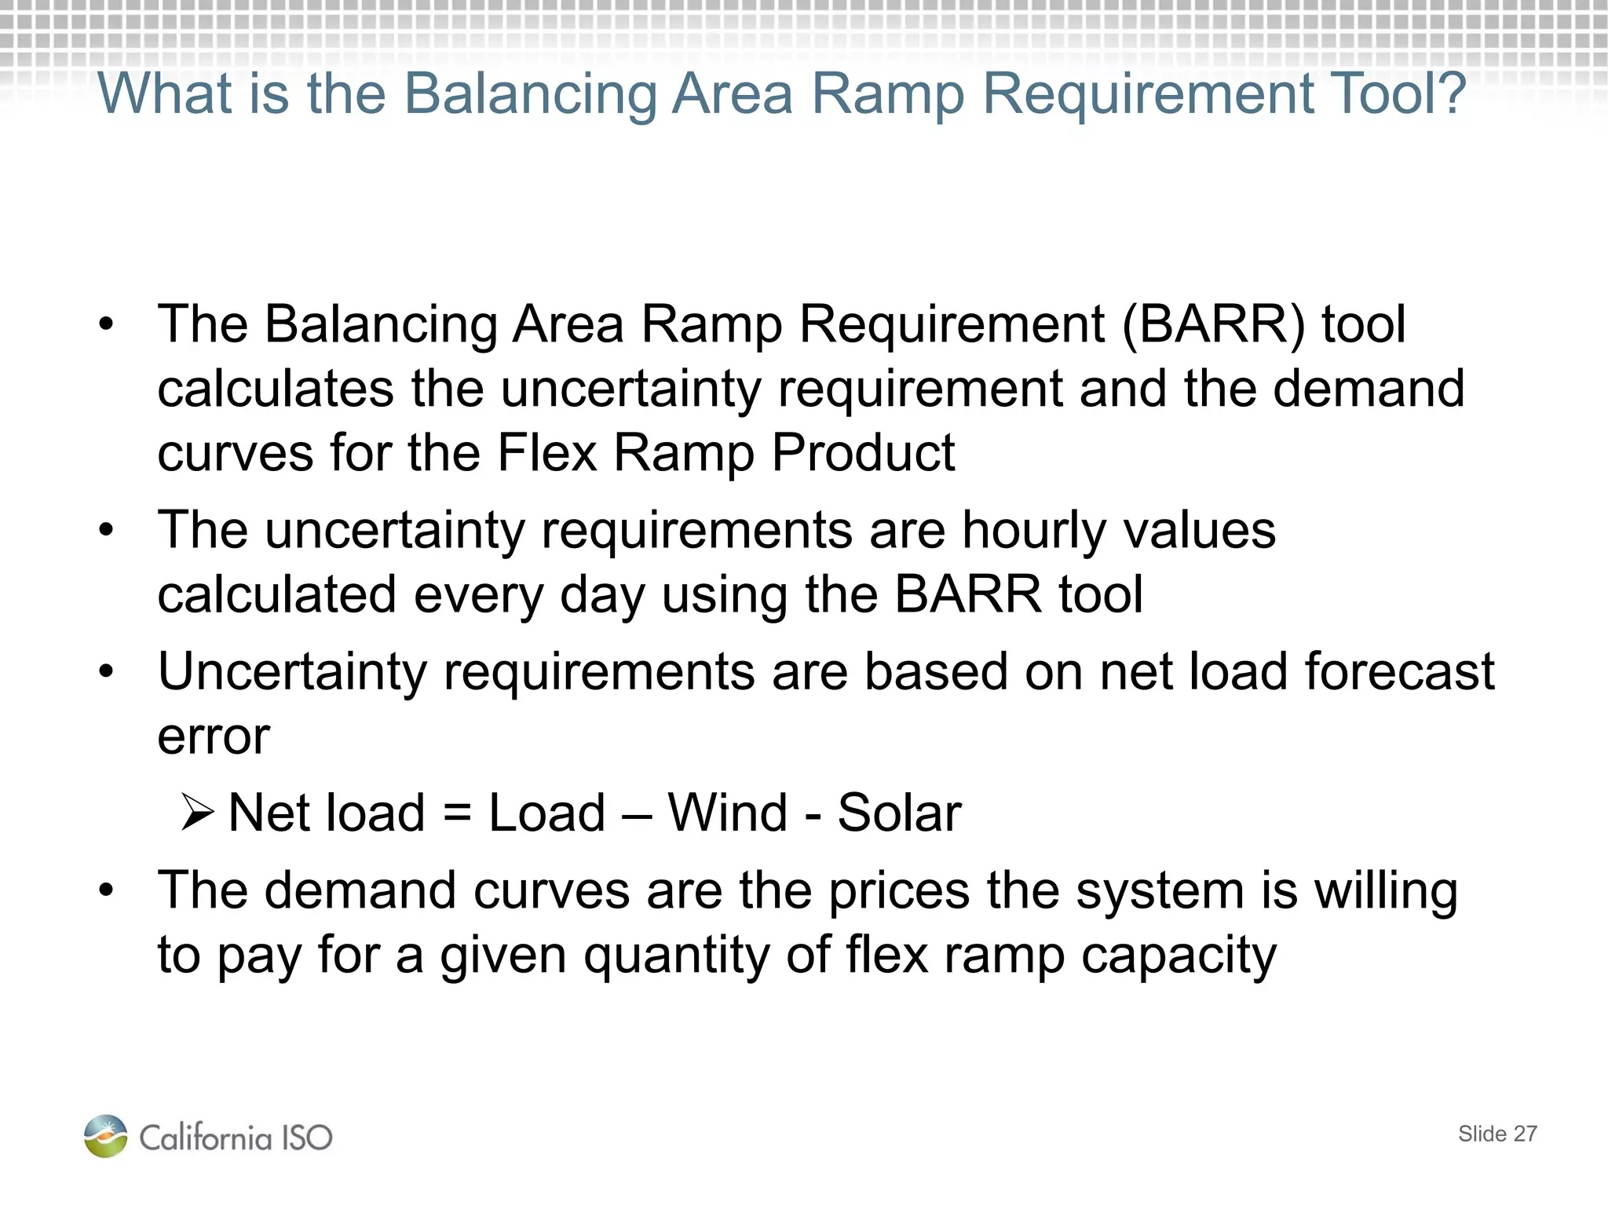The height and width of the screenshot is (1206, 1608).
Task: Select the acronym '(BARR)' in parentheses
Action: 1213,324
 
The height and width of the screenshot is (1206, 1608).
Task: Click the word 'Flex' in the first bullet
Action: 547,453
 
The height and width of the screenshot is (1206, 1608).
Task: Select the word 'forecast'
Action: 1400,672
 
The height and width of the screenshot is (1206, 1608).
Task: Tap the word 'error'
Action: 214,736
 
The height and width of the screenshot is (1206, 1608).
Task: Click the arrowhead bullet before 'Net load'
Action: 196,812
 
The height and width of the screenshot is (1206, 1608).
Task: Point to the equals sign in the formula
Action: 457,812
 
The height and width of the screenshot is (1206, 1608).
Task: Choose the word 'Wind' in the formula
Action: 727,812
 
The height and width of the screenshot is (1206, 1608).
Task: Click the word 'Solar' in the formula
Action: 899,812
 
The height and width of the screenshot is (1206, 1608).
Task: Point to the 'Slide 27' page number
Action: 1497,1134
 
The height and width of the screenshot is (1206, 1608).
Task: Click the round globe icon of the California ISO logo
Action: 106,1136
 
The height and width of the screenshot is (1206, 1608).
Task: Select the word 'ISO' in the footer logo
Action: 307,1138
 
